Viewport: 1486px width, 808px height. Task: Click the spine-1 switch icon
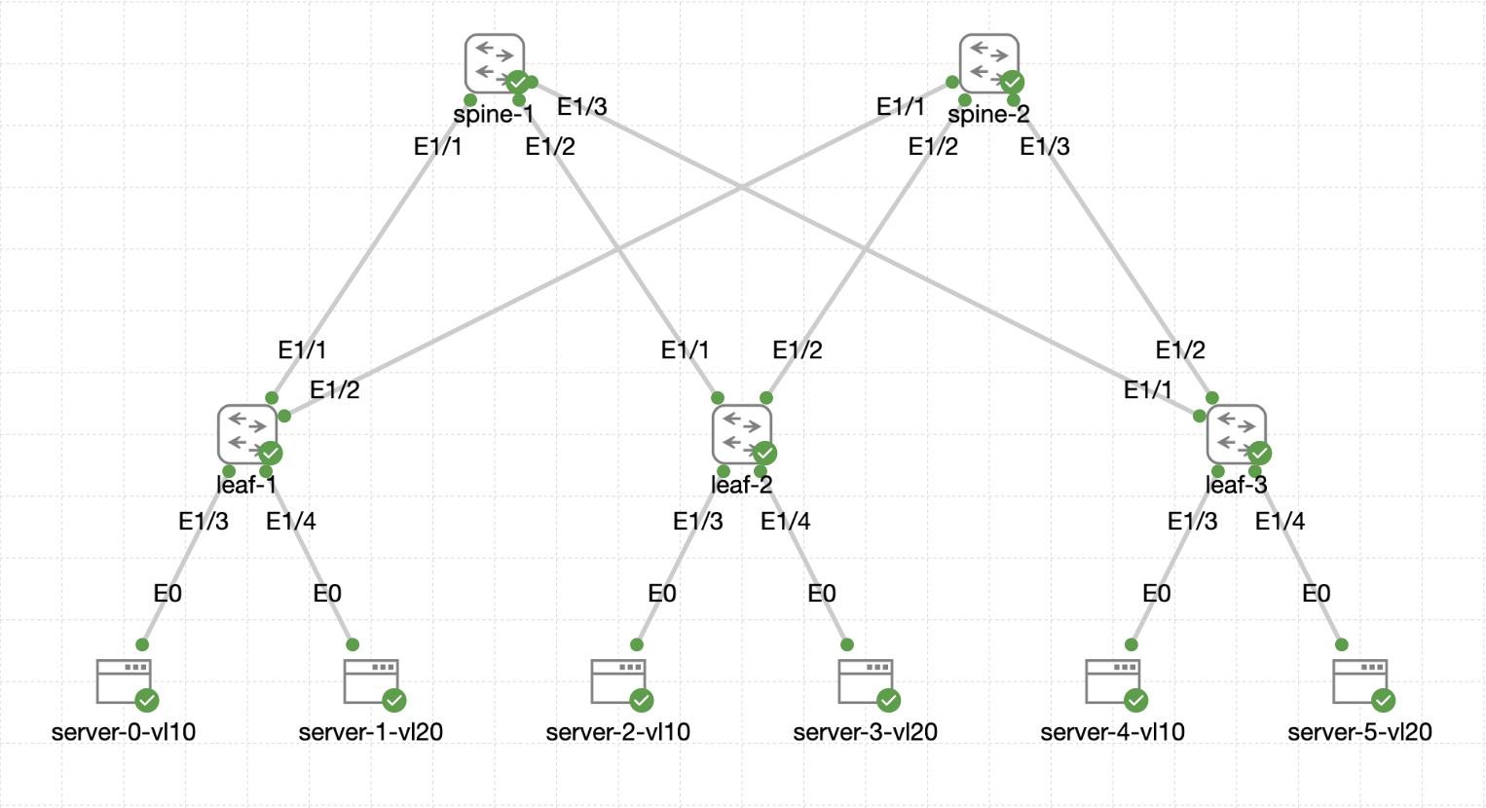[x=495, y=63]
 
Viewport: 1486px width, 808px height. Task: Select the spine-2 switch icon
[x=989, y=63]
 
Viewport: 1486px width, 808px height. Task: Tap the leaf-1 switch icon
[x=247, y=434]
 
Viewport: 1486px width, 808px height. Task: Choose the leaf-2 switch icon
[x=742, y=434]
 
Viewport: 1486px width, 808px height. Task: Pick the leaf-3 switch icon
[x=1237, y=434]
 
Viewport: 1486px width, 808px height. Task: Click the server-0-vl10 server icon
[x=124, y=681]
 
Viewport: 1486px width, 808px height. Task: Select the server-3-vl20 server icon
[x=866, y=681]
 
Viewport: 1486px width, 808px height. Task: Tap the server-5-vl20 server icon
[x=1360, y=681]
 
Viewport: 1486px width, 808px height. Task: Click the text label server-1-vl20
[x=371, y=732]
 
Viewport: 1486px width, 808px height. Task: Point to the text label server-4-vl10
[x=1113, y=732]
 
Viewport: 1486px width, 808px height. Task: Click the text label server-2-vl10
[x=618, y=732]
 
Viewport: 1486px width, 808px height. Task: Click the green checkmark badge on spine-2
[x=1013, y=82]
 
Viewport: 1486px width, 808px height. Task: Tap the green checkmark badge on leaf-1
[x=271, y=453]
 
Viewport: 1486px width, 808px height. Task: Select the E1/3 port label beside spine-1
[x=582, y=106]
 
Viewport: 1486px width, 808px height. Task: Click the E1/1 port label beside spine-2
[x=901, y=106]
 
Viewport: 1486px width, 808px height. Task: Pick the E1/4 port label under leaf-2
[x=786, y=522]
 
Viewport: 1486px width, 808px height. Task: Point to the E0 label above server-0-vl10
[x=167, y=593]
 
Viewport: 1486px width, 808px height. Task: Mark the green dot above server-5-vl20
[x=1342, y=644]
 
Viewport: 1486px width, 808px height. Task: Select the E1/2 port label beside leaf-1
[x=335, y=389]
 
